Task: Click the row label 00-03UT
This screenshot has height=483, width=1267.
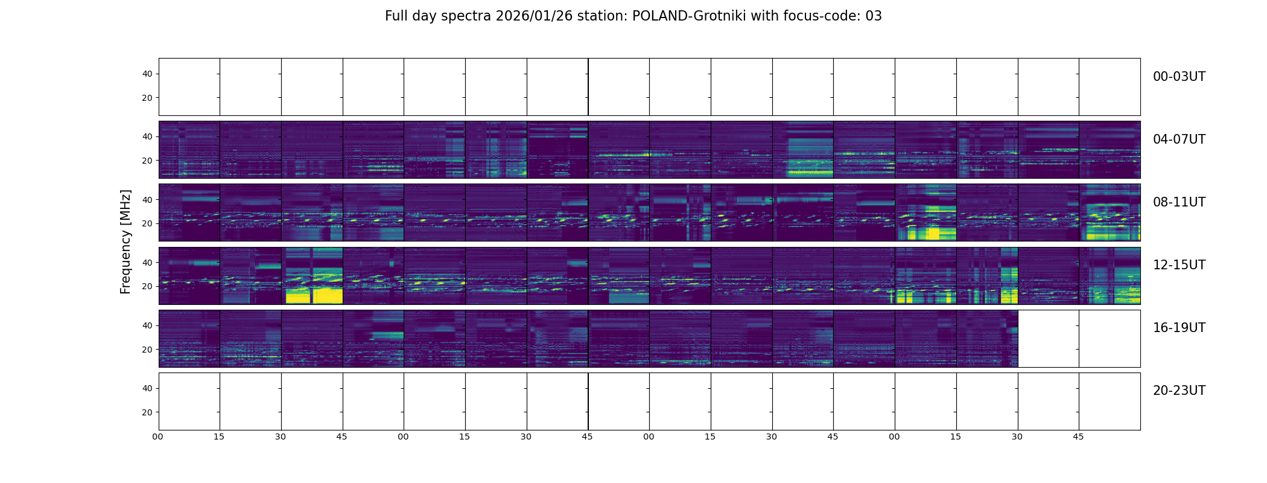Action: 1179,77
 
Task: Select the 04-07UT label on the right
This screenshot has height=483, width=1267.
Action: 1179,139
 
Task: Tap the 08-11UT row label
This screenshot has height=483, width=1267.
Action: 1179,202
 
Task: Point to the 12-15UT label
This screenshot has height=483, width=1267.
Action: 1179,265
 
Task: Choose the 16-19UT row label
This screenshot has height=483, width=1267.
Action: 1179,328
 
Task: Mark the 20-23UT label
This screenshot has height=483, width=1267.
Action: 1179,391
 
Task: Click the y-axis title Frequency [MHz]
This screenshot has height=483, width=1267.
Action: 125,241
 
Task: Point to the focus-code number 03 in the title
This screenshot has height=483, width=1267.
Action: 874,16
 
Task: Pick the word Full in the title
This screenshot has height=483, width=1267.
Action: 396,16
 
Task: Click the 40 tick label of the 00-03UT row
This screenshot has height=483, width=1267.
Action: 147,74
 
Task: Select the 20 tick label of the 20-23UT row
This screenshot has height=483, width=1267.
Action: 147,412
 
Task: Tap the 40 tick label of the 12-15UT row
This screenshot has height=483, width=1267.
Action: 147,263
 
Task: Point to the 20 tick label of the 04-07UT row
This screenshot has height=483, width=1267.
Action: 147,161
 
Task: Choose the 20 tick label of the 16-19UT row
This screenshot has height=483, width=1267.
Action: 147,350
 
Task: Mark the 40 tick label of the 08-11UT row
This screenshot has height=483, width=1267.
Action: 147,200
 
